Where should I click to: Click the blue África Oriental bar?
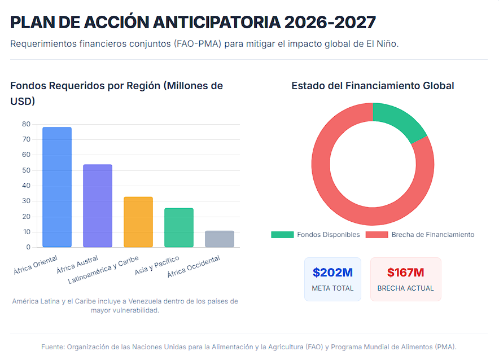(57, 187)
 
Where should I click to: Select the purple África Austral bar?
(98, 206)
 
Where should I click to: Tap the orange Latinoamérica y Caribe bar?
(138, 222)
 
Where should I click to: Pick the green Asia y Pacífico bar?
(179, 227)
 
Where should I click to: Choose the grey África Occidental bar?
(220, 239)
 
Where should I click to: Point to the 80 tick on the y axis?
(26, 124)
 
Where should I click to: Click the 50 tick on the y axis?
(26, 170)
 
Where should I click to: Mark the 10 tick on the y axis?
(27, 232)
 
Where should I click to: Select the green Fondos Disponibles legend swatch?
(282, 235)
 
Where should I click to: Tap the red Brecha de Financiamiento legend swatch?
(377, 235)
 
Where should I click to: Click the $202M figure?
(332, 273)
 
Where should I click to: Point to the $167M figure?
(405, 273)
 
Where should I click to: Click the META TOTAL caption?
(332, 288)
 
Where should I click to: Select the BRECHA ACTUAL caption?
(405, 288)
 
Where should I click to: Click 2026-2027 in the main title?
(330, 22)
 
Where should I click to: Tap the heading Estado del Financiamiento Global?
(373, 86)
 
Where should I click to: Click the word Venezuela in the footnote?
(143, 301)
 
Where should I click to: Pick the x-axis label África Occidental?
(194, 266)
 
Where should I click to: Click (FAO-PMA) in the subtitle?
(198, 44)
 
